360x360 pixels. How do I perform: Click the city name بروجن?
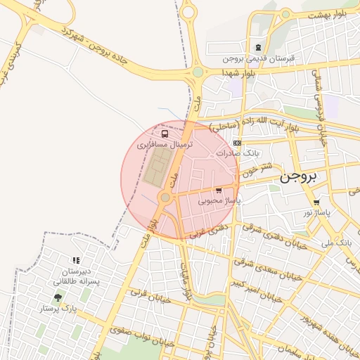[300, 176]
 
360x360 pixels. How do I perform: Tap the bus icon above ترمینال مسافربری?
[165, 134]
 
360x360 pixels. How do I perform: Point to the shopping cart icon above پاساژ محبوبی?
[219, 191]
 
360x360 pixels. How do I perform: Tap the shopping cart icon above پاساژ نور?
[317, 202]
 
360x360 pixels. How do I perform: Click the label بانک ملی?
[335, 243]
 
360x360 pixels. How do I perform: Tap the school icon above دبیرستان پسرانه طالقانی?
[77, 260]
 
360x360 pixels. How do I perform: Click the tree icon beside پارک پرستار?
[58, 298]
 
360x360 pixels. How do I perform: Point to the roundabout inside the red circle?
[165, 198]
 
